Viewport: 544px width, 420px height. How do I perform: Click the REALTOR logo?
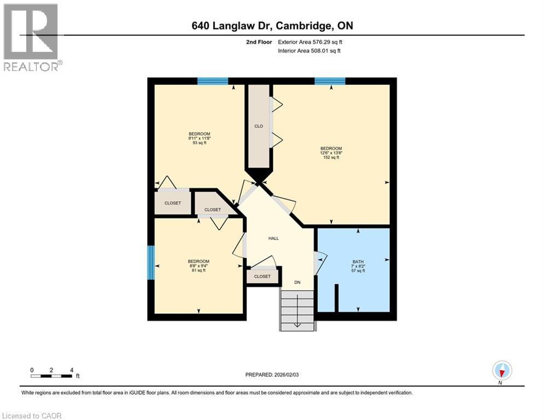point(32,37)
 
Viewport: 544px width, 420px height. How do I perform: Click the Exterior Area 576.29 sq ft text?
point(310,42)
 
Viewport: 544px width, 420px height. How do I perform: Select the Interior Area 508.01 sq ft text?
point(309,51)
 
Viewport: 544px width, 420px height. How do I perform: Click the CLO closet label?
point(259,126)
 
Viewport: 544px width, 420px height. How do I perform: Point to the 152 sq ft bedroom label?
point(331,153)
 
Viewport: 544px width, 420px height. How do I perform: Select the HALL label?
point(273,238)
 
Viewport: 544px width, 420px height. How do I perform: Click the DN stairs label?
point(297,282)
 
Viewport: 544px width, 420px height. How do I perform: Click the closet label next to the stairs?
point(262,277)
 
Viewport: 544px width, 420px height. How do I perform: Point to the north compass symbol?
point(501,371)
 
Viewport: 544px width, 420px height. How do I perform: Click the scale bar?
point(51,375)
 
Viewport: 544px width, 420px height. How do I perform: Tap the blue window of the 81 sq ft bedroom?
point(150,262)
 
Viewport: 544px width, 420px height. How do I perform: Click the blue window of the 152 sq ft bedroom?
point(330,81)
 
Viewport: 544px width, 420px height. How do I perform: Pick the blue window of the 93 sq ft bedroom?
point(213,81)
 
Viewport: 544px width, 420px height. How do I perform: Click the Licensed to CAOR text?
point(32,416)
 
